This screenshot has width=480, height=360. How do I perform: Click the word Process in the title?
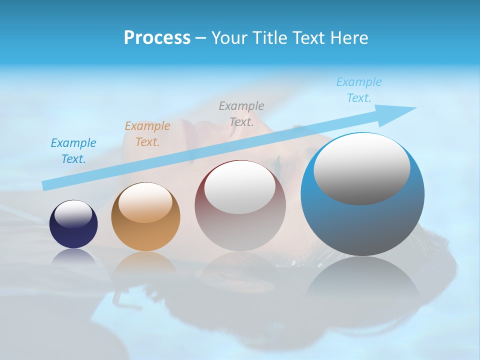pos(157,38)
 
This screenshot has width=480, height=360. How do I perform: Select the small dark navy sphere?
pos(73,224)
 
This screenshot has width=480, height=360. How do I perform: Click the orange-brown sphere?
pos(145,217)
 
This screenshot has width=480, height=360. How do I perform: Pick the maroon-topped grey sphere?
pos(240,206)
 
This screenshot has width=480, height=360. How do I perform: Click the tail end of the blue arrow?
pos(46,185)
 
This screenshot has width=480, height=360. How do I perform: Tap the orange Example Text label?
pos(147,134)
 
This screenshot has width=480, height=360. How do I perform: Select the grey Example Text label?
pos(241,113)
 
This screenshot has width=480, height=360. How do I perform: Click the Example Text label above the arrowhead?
pos(358,90)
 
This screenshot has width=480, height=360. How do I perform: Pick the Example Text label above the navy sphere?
pos(73,151)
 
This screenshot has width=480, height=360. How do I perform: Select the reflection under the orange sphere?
pos(145,265)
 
